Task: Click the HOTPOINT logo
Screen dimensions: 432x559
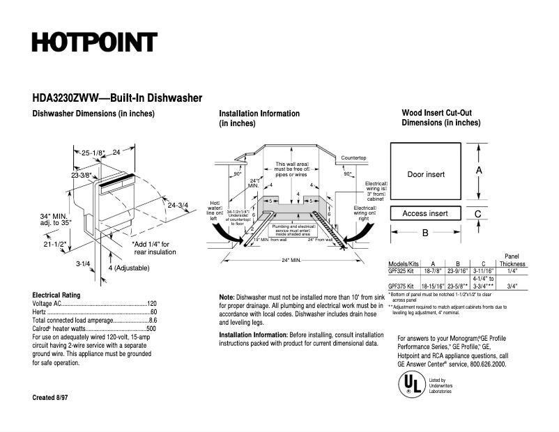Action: (x=94, y=43)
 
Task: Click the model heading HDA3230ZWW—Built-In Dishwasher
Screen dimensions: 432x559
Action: (x=117, y=99)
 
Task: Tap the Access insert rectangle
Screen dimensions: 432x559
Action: (x=425, y=213)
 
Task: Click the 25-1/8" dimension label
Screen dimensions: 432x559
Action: (x=93, y=153)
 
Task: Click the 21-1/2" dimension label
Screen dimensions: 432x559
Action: (x=54, y=245)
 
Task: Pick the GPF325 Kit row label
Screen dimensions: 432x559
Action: (x=401, y=272)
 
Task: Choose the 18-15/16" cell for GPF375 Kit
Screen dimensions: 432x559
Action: (x=434, y=286)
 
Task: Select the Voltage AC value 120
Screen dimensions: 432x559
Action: (x=151, y=304)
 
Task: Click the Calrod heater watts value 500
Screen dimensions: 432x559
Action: (x=151, y=327)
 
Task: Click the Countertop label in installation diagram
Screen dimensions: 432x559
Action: (x=353, y=158)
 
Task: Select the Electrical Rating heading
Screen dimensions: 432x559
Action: (x=56, y=295)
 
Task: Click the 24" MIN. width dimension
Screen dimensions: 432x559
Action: (x=291, y=260)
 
